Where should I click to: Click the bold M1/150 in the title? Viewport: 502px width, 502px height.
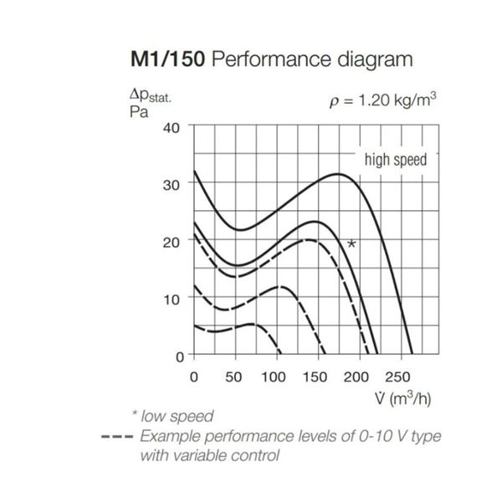pos(167,59)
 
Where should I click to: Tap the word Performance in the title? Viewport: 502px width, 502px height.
pos(271,59)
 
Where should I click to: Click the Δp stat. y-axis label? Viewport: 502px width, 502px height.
pos(151,95)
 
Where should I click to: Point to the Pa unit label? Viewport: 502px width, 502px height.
pos(139,112)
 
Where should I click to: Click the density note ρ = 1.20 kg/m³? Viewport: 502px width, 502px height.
pos(383,100)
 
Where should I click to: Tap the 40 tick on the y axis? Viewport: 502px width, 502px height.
pos(172,128)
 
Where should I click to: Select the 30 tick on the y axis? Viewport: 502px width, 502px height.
pos(172,185)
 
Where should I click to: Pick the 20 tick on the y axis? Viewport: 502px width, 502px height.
pos(172,243)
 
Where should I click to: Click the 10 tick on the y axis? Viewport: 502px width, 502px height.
pos(172,300)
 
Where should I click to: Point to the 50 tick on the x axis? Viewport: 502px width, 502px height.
pos(233,377)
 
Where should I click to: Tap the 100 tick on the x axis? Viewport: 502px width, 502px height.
pos(274,377)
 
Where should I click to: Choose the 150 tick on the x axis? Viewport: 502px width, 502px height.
pos(315,377)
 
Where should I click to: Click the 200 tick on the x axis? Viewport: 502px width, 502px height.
pos(356,377)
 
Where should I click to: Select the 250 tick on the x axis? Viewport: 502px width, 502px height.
pos(397,377)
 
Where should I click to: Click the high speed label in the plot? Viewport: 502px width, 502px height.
pos(396,160)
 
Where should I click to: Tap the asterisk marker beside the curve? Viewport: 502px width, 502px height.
pos(351,244)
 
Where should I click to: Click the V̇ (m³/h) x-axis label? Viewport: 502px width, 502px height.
pos(403,398)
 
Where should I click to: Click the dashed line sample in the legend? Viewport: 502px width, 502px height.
pos(117,437)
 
